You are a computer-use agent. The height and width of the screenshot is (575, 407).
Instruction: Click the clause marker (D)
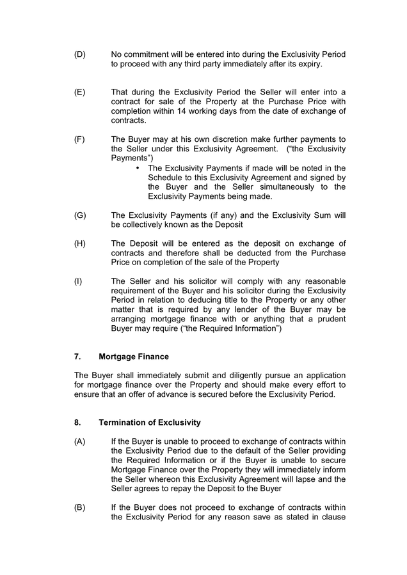tap(80, 55)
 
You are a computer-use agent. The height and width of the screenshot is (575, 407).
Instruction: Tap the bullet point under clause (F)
tap(138, 168)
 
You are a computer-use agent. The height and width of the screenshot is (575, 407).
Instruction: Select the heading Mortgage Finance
tap(134, 356)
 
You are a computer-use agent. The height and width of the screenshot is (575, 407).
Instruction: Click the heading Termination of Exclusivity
tap(150, 422)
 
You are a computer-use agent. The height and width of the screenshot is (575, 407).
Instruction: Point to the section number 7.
tap(77, 356)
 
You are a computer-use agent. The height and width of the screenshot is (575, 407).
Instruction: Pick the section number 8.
tap(77, 422)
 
